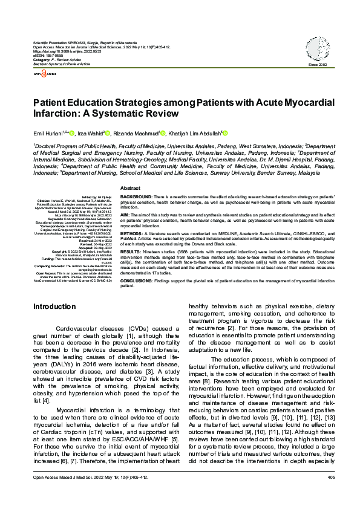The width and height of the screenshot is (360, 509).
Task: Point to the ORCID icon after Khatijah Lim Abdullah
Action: pyautogui.click(x=226, y=133)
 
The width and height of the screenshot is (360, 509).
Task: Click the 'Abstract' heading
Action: pyautogui.click(x=130, y=172)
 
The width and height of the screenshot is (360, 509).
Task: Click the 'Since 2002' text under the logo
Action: pyautogui.click(x=317, y=65)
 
